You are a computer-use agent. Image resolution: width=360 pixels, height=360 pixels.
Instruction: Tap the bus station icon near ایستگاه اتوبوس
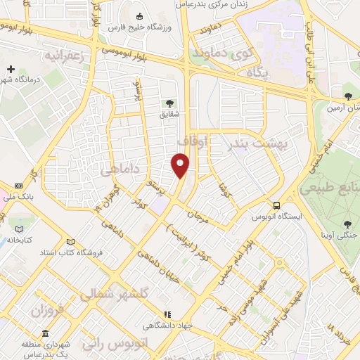coord(278,205)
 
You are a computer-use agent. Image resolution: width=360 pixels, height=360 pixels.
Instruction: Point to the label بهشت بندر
coord(255,144)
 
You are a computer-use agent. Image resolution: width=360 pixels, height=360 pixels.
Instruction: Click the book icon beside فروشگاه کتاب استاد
coord(69,241)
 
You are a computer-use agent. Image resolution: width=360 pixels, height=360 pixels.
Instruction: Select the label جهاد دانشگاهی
coord(163,325)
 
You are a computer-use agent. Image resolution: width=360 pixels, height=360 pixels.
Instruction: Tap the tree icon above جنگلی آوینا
coord(347,224)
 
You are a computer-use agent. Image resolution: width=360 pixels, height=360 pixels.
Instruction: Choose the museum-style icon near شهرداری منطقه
coord(45,333)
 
